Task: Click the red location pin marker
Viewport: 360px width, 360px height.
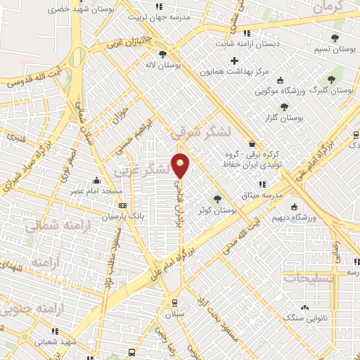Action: pyautogui.click(x=181, y=165)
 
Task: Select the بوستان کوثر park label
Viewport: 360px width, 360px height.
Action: pyautogui.click(x=218, y=210)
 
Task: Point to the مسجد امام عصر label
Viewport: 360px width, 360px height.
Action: pyautogui.click(x=97, y=191)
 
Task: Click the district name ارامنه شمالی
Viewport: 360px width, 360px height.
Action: pyautogui.click(x=53, y=226)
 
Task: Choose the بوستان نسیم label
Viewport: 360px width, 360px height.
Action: pyautogui.click(x=333, y=50)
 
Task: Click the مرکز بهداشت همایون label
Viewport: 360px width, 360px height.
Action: pyautogui.click(x=236, y=72)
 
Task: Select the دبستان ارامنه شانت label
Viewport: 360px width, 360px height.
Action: pyautogui.click(x=247, y=44)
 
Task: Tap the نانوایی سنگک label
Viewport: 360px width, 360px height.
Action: pyautogui.click(x=302, y=318)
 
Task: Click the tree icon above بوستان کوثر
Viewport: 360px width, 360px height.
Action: pyautogui.click(x=217, y=198)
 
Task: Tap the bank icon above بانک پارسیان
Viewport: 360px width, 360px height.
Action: pyautogui.click(x=123, y=206)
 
